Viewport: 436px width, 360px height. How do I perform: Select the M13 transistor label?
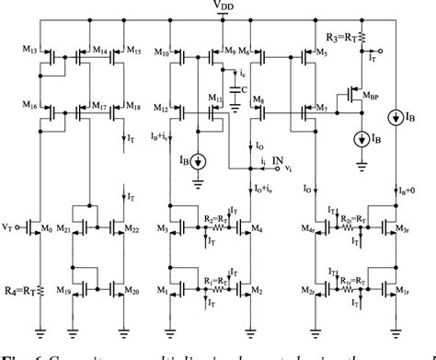tap(29, 48)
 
